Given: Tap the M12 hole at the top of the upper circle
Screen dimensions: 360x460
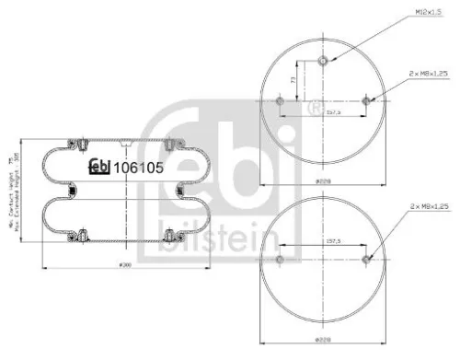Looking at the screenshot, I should [323, 62].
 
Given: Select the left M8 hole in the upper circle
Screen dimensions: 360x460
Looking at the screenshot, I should [279, 100].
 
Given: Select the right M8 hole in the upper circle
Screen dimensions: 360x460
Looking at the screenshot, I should [366, 100].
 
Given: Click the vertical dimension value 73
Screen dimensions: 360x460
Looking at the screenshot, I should [293, 81].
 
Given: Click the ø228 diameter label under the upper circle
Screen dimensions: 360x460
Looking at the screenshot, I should [323, 181].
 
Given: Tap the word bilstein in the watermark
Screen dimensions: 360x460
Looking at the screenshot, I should [219, 242].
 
